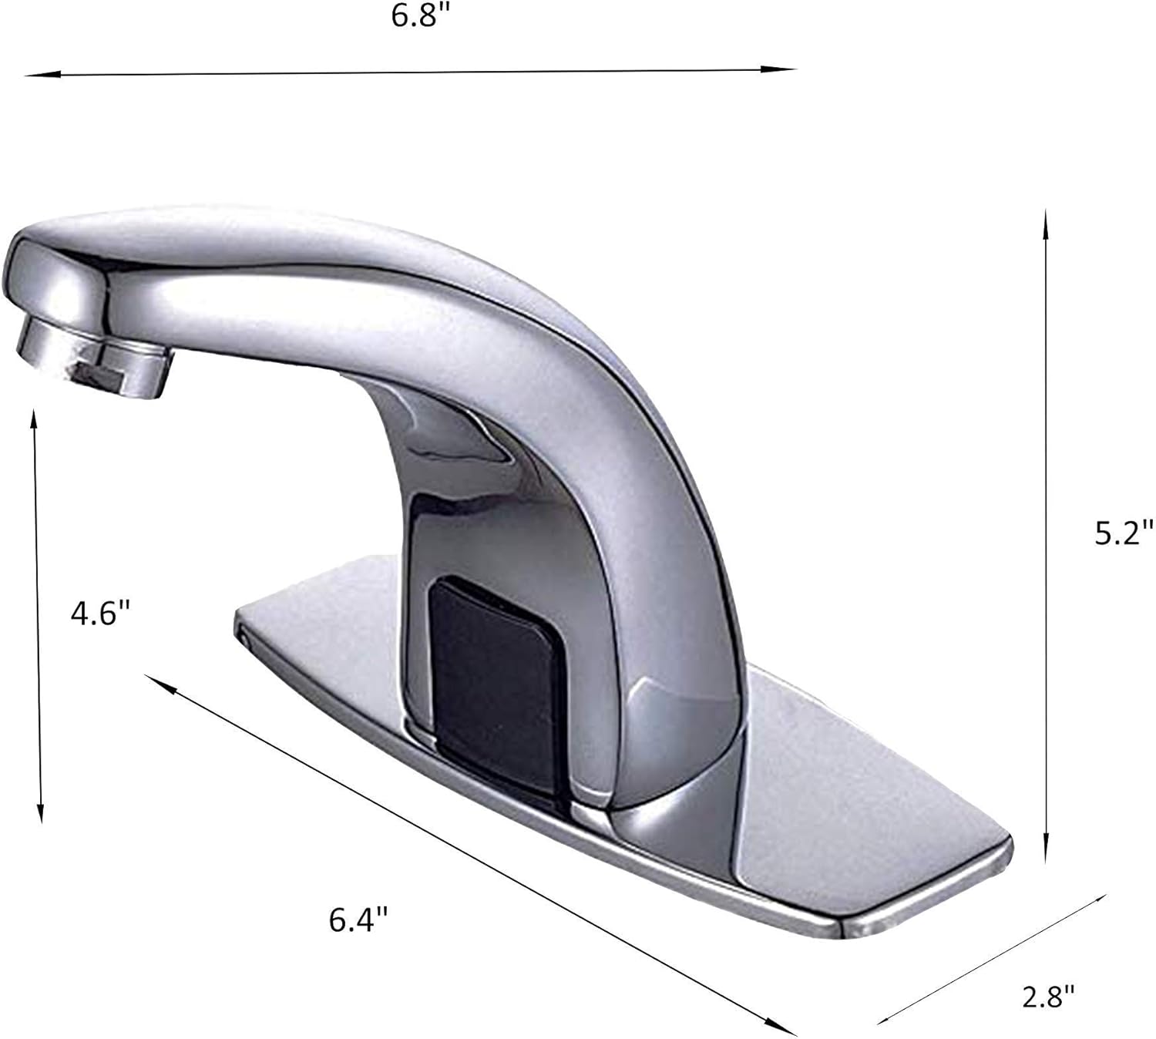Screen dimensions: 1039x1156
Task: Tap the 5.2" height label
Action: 1124,533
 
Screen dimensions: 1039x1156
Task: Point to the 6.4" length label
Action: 358,920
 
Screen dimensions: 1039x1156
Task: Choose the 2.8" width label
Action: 1048,997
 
